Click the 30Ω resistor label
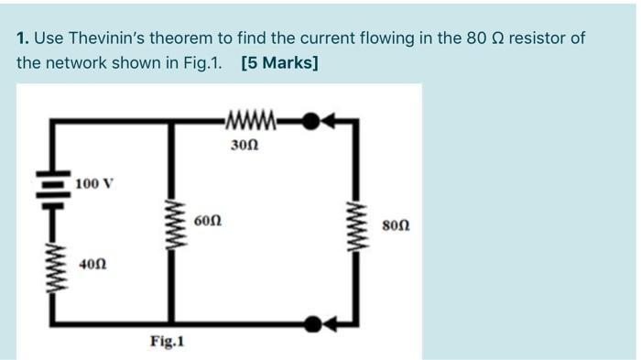click(x=245, y=144)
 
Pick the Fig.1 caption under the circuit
click(x=168, y=342)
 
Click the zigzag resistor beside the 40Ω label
click(x=47, y=265)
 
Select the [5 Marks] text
click(x=280, y=64)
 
